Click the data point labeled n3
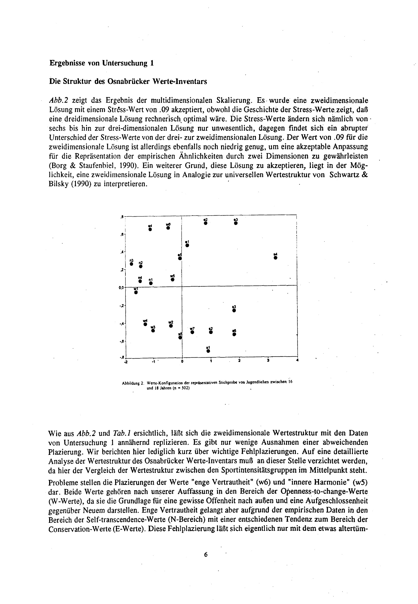click(132, 264)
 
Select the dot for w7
click(192, 332)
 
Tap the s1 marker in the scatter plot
click(208, 351)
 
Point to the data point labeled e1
click(187, 245)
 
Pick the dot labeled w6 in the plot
click(168, 228)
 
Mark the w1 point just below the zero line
click(136, 292)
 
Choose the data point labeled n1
click(151, 283)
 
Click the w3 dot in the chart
click(153, 330)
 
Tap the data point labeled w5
click(172, 279)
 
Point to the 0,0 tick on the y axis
click(121, 287)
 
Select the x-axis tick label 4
click(297, 360)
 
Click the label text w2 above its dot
click(171, 322)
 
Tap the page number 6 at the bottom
click(206, 554)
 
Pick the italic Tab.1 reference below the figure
click(122, 433)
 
